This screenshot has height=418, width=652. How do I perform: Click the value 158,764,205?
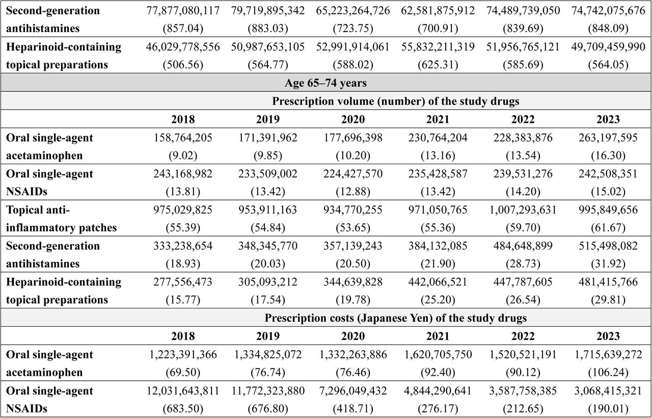[x=183, y=138]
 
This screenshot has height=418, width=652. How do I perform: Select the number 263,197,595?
[x=608, y=138]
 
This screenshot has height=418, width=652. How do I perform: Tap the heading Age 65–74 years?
[x=325, y=83]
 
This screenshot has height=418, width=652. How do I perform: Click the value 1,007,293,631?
[x=523, y=210]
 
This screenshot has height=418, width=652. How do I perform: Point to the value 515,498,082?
[x=608, y=246]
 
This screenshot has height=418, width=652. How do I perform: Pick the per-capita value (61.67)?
[x=608, y=227]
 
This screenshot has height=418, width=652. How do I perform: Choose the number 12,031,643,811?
[x=183, y=390]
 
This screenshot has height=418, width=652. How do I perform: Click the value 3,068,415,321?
[x=608, y=390]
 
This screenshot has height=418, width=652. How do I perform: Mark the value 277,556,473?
[x=183, y=282]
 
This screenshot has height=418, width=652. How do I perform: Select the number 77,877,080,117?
[x=183, y=11]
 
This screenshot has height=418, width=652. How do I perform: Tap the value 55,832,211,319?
[x=438, y=46]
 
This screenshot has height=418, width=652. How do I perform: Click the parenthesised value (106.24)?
[x=608, y=372]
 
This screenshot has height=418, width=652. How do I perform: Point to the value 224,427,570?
[x=353, y=174]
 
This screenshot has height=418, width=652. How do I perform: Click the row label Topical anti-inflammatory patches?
[x=61, y=219]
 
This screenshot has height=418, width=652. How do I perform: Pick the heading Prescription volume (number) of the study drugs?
[x=396, y=101]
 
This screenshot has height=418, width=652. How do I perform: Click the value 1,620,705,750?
[x=438, y=354]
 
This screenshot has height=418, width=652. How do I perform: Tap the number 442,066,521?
[x=438, y=282]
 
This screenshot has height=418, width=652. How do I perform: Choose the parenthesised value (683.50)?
[x=183, y=409]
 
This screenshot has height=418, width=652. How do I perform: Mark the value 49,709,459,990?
[x=608, y=46]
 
